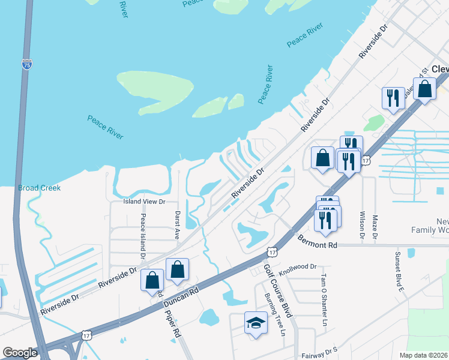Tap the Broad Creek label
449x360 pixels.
40,188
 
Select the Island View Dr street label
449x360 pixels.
144,202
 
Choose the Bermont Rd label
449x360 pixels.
318,242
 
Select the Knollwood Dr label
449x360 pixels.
297,266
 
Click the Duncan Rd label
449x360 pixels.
182,298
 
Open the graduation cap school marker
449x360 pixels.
256,323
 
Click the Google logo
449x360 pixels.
20,353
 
